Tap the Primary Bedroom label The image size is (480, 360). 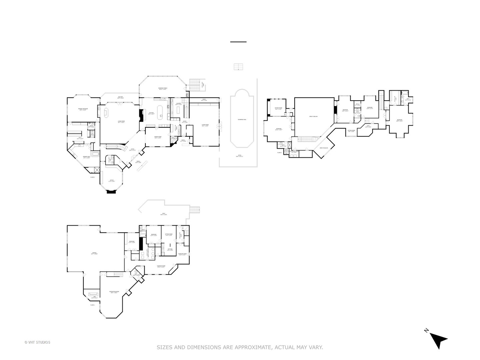click(82, 109)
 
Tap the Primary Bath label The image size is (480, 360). click(87, 157)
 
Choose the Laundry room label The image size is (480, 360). click(178, 104)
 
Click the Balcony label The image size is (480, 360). click(120, 97)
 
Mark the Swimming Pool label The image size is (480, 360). click(242, 119)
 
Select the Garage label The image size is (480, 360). click(94, 253)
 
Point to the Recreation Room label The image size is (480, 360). click(114, 292)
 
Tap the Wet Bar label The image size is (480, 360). click(170, 249)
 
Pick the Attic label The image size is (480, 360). click(368, 127)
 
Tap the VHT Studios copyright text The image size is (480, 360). click(37, 342)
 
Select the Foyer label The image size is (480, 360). click(132, 150)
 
